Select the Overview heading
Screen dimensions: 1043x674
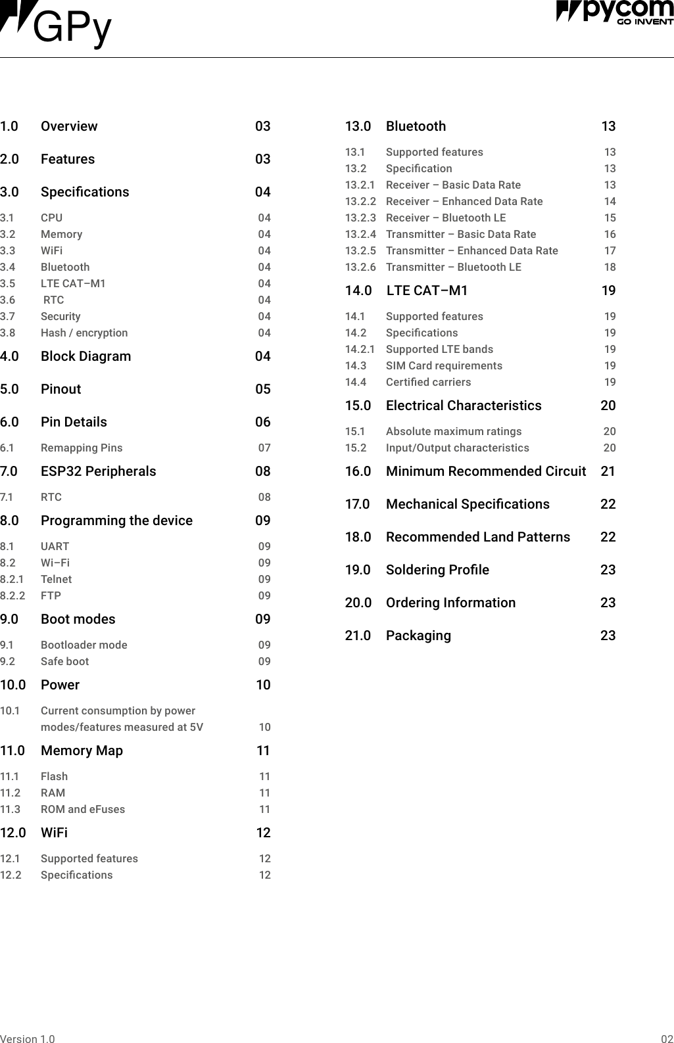[68, 126]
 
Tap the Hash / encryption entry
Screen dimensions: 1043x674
[84, 333]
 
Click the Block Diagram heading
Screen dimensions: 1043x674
[85, 356]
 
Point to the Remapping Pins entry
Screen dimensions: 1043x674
[82, 448]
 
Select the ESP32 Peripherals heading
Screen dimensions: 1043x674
[98, 471]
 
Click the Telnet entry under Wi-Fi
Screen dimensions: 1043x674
[56, 579]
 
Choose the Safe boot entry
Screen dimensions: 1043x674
[64, 661]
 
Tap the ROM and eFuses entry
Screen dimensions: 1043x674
[82, 809]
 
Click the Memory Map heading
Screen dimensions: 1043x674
[82, 751]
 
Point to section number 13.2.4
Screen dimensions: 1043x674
[360, 234]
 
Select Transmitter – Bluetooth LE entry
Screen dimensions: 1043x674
[453, 267]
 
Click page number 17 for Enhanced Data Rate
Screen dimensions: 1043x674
[610, 250]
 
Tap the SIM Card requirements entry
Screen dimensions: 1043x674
[444, 365]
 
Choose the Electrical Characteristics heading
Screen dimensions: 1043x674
[464, 406]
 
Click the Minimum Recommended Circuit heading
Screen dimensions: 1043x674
[485, 471]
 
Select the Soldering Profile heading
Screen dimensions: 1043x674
[437, 570]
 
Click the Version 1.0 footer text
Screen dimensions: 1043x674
[28, 1039]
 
